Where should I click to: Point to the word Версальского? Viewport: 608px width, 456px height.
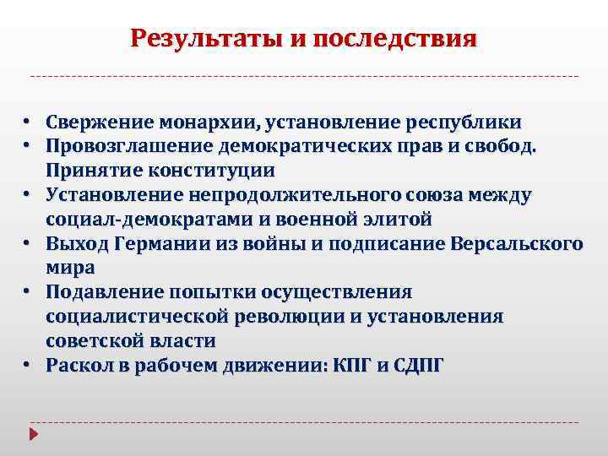(518, 244)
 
